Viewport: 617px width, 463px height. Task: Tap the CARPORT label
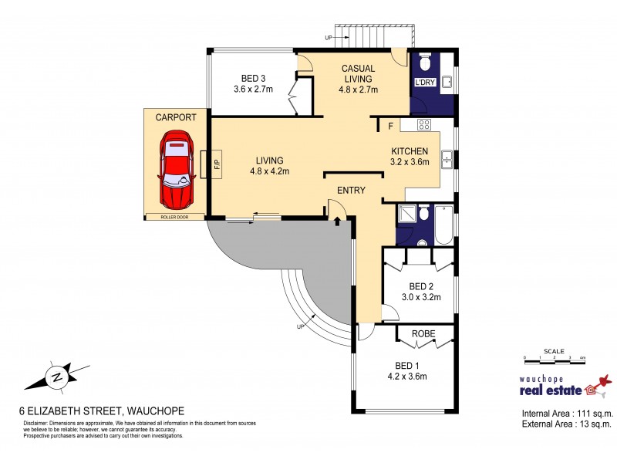176,117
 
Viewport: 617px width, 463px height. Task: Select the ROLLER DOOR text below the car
176,218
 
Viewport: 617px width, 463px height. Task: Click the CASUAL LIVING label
358,73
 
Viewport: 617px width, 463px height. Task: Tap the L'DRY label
425,82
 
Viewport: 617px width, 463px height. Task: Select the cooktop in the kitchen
424,124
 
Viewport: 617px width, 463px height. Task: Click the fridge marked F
391,125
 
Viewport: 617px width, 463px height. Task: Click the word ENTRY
351,190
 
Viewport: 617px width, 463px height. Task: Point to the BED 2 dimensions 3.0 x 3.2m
420,296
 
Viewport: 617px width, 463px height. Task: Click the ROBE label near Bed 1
423,334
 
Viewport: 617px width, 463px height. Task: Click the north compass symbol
56,377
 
